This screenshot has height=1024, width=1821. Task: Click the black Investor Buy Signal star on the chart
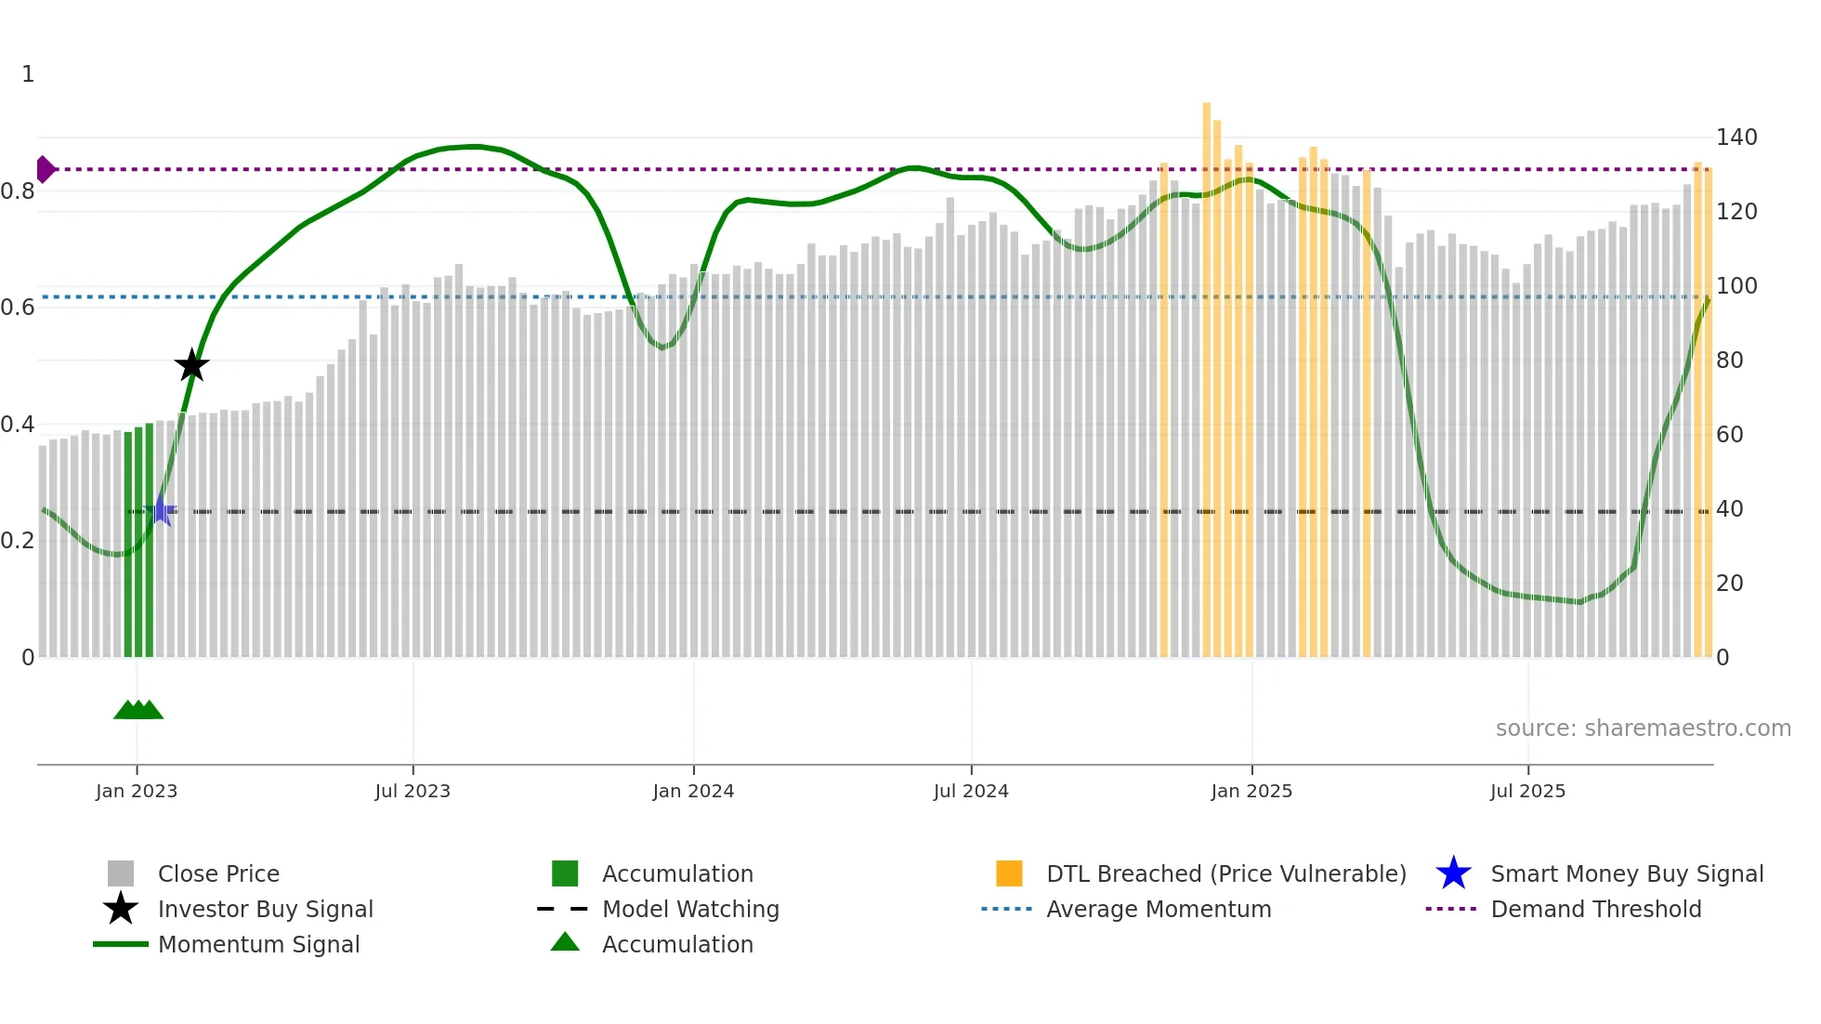tap(191, 365)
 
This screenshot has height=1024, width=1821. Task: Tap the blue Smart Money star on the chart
tap(161, 510)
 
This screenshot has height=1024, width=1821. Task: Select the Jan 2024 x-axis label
tap(693, 791)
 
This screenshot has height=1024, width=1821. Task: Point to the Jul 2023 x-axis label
tap(413, 791)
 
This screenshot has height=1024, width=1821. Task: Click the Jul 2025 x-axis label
tap(1527, 791)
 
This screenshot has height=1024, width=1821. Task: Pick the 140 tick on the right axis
tap(1736, 138)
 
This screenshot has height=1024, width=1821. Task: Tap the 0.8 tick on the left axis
tap(19, 191)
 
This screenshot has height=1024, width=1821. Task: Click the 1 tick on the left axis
tap(28, 74)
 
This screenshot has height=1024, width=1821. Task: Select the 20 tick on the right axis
tap(1729, 584)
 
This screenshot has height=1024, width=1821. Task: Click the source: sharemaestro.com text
tap(1643, 728)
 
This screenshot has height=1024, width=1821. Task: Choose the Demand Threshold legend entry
tap(1595, 909)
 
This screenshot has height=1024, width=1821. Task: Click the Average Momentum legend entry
tap(1158, 909)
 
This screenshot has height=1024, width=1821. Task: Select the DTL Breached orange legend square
tap(1009, 873)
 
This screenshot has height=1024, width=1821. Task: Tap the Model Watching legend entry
tap(689, 909)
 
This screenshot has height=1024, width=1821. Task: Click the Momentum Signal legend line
tap(121, 944)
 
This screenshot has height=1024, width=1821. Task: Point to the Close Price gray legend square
tap(121, 873)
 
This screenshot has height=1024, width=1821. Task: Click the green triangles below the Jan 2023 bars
tap(138, 710)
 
